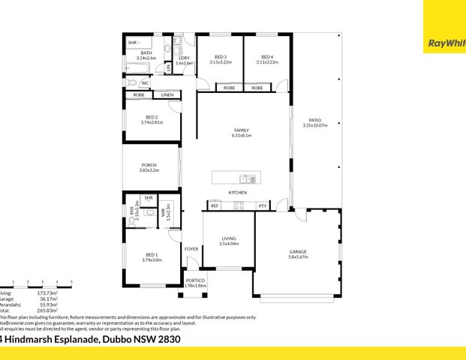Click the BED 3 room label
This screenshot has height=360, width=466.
coord(221,57)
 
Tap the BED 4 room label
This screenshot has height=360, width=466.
coord(267,57)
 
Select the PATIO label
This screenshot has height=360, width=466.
coord(315,119)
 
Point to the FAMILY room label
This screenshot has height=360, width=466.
coord(241,130)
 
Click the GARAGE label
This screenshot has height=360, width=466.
coord(298,251)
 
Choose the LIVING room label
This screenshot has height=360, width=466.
coord(228,238)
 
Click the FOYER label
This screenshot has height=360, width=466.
coord(191,248)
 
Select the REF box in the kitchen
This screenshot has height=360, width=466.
coord(215,205)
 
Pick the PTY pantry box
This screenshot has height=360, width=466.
coord(262,205)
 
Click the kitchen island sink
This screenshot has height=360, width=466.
coord(245,178)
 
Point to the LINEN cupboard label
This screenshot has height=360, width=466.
coord(167,95)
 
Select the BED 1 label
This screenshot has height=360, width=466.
coord(152,254)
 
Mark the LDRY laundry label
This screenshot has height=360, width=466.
coord(184,58)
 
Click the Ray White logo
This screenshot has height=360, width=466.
coord(444,43)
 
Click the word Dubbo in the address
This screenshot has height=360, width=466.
coord(116,339)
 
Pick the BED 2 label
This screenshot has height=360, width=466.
coord(152,117)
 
